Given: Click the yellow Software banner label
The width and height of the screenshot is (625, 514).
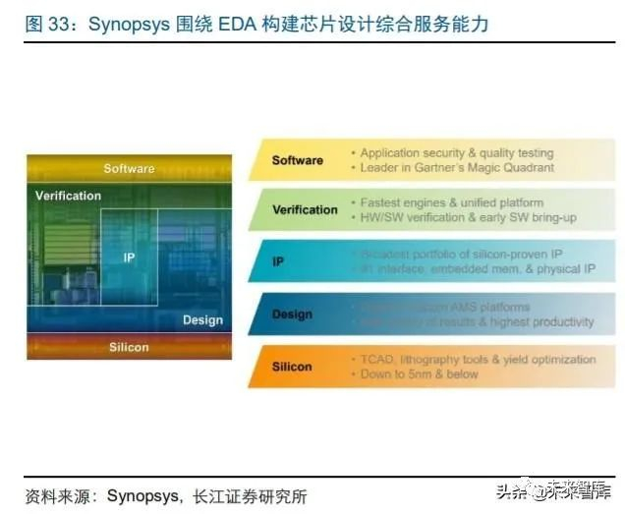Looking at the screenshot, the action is (x=297, y=160).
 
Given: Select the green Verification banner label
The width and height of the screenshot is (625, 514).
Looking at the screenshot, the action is (x=305, y=209).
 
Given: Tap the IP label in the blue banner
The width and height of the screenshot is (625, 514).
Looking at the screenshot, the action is (x=278, y=262).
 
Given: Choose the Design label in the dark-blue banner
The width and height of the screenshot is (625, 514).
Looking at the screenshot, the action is (x=292, y=314).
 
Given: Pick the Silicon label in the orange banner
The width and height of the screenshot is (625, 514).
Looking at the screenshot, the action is (x=292, y=367).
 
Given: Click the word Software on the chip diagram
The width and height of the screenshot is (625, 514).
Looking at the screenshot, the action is (x=129, y=168).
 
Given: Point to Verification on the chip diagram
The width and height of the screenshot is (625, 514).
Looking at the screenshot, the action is (x=68, y=196).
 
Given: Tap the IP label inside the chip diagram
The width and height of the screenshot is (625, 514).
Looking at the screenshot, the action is (x=129, y=257).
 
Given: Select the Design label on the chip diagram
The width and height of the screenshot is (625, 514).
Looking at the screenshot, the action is (x=202, y=319).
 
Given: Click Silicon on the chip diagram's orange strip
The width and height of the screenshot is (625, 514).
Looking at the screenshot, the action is (x=129, y=347).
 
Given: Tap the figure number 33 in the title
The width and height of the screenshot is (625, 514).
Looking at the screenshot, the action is (x=60, y=25).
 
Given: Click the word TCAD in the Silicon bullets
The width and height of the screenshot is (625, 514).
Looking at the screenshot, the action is (x=378, y=359).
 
